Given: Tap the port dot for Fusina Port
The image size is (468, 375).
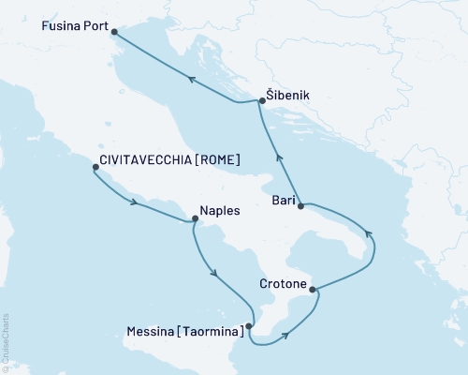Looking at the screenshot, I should point(115,32).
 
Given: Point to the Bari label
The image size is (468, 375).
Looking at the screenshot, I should point(284,200).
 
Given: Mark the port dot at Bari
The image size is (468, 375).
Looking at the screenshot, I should point(301,206).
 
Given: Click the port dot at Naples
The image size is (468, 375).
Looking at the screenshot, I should point(195,219).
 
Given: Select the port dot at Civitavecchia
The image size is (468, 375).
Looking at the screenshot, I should point(95,168).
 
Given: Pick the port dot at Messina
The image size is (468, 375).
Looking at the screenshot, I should point(249,326).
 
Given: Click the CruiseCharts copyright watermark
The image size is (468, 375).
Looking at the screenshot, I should point(6,341).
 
